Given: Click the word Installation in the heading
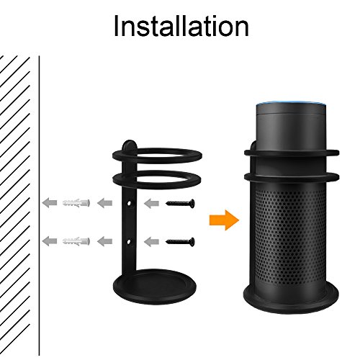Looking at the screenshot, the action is (181, 26).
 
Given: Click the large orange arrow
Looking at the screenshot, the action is (224, 220).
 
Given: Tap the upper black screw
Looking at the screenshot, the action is (180, 204).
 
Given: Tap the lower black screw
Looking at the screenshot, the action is (180, 241).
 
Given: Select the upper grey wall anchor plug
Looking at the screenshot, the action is (76, 203).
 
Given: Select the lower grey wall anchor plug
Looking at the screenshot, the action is (76, 241).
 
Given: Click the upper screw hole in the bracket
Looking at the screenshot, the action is (130, 204).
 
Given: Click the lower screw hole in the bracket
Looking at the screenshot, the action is (129, 241).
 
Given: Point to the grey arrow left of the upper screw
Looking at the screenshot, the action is (151, 204).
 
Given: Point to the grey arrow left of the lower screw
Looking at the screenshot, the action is (151, 241).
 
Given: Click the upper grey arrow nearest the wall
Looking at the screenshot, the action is (50, 203).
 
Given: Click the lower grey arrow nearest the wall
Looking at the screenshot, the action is (50, 240).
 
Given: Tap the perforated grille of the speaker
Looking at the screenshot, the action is (289, 236).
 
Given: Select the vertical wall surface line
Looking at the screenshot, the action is (39, 205).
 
